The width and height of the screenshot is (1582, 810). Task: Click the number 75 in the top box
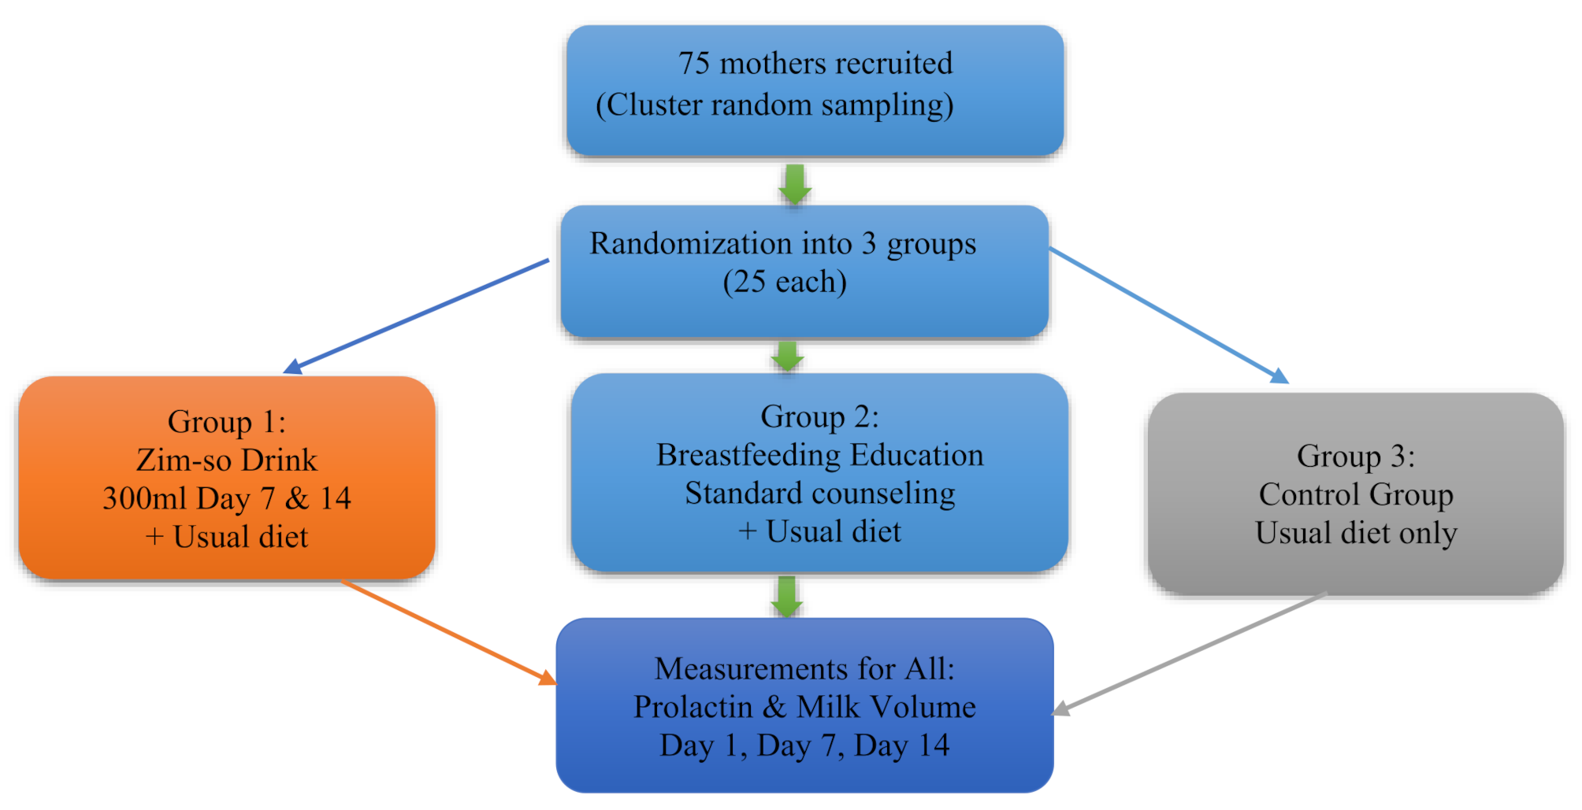[694, 64]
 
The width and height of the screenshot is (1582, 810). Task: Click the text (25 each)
[785, 282]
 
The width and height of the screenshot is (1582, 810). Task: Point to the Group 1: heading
[227, 422]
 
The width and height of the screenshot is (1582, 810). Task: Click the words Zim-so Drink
[227, 460]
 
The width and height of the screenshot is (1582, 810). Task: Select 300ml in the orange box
[144, 499]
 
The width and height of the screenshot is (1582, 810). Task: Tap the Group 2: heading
[819, 416]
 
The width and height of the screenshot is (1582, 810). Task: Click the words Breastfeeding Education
[819, 455]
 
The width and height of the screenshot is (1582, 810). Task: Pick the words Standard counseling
[819, 494]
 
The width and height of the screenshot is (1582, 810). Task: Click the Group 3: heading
[1355, 456]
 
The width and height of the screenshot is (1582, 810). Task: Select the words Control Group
[1355, 494]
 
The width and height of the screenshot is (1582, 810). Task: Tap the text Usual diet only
[1355, 533]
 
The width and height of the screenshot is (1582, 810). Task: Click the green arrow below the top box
[795, 183]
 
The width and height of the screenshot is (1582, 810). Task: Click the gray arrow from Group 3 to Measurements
[1190, 653]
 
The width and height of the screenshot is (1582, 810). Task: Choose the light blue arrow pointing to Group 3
[1166, 315]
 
